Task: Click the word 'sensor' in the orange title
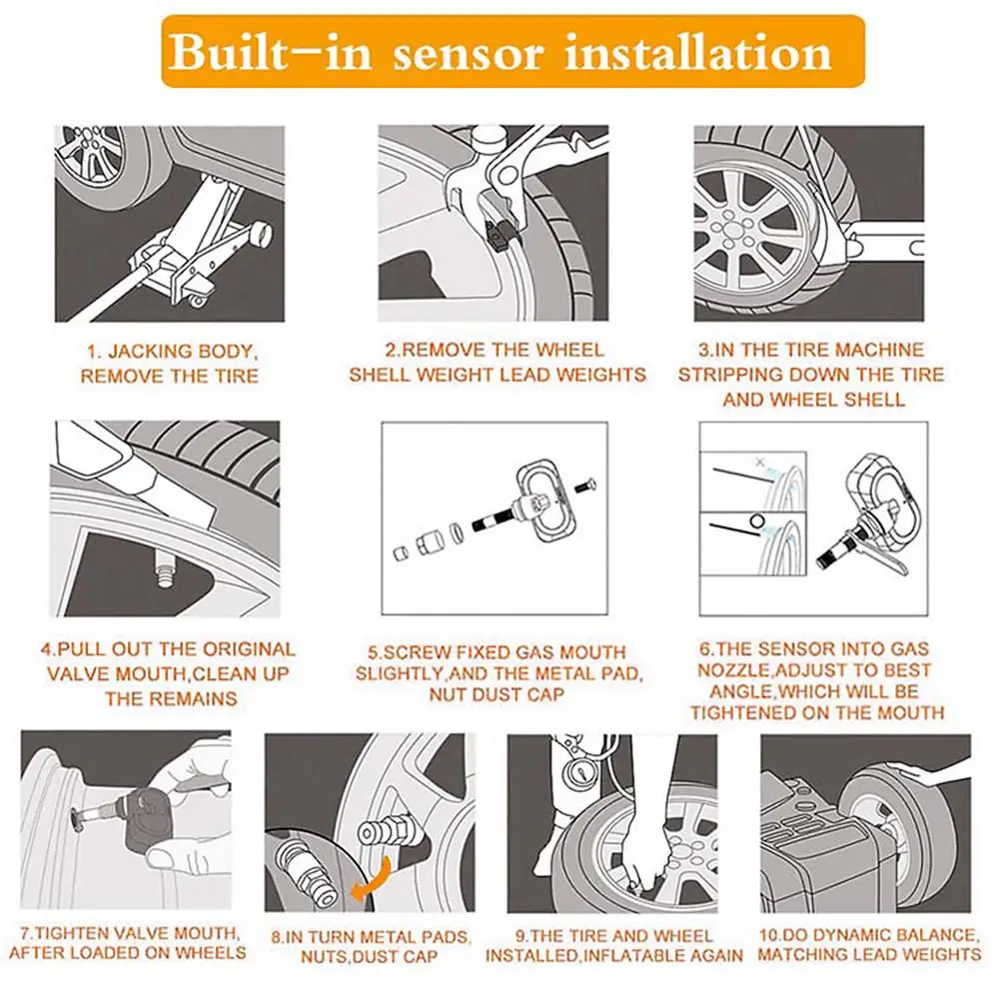(x=468, y=54)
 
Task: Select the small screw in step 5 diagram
(x=584, y=486)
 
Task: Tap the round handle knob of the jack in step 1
(x=261, y=234)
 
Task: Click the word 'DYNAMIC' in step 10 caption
(x=846, y=936)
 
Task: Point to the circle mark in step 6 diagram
(x=757, y=521)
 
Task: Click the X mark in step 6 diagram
(x=759, y=462)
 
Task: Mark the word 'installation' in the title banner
(x=699, y=53)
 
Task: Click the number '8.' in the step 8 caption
(x=278, y=937)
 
